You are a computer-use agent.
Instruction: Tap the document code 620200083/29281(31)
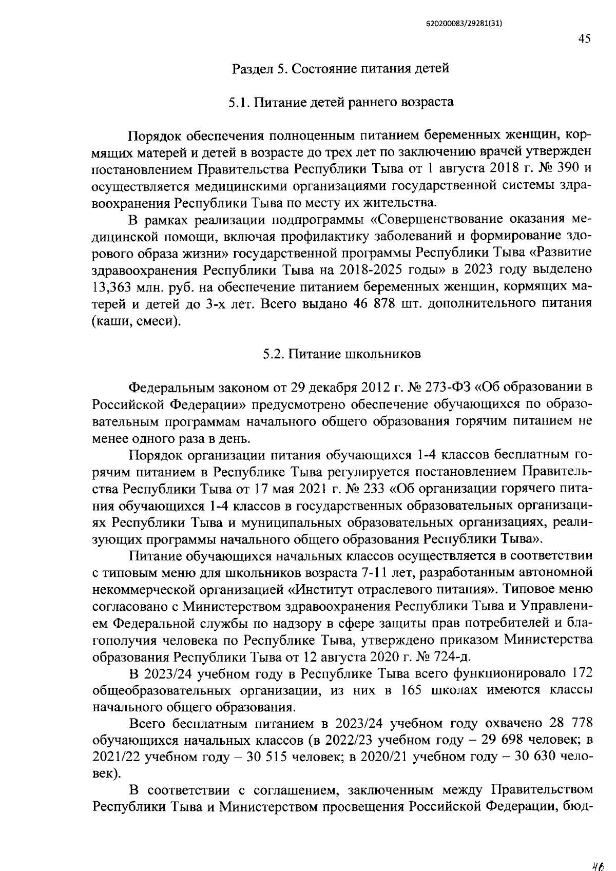(464, 23)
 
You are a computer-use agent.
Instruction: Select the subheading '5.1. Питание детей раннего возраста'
(341, 102)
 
